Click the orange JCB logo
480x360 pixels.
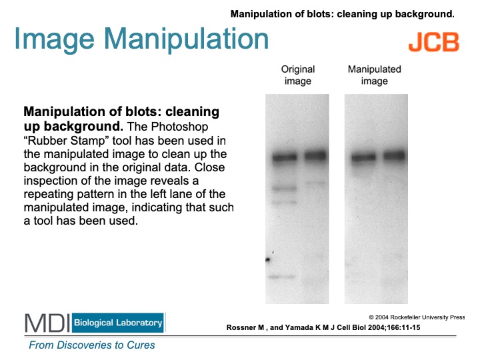434,42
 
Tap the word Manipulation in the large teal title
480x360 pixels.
186,39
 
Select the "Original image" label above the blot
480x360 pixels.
298,75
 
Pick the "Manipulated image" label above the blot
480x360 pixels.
375,75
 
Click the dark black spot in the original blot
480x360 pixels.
268,260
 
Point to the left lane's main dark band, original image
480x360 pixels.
285,157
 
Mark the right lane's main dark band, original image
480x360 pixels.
315,156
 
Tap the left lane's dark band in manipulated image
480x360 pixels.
363,157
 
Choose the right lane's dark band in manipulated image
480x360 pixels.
394,155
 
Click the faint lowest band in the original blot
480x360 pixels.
282,277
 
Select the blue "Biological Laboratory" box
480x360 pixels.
118,323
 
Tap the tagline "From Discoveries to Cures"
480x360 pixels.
92,345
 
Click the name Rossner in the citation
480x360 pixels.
241,327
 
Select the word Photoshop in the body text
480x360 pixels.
180,127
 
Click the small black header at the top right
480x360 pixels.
343,14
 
